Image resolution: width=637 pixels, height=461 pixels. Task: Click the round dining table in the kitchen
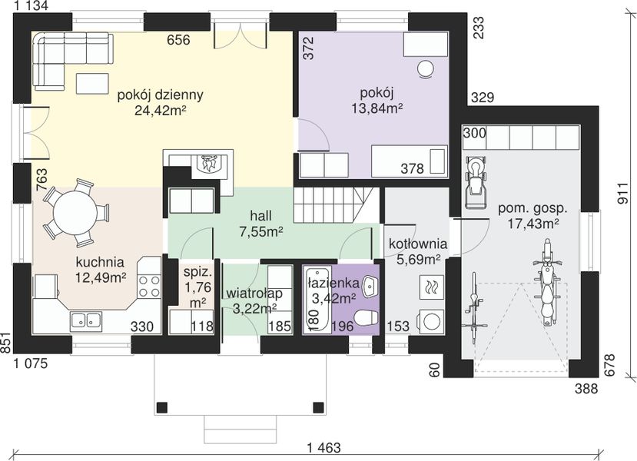[x=75, y=212]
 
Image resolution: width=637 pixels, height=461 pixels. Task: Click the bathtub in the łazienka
[x=317, y=299]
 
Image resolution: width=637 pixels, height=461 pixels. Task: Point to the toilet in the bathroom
[x=367, y=317]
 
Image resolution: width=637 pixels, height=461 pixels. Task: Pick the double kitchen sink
[x=86, y=320]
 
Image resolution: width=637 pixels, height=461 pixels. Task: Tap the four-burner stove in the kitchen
[x=149, y=286]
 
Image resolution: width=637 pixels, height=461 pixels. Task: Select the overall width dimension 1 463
[x=323, y=448]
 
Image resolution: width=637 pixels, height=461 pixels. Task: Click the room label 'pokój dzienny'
[x=160, y=95]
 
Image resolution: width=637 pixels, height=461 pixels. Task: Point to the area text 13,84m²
[x=377, y=108]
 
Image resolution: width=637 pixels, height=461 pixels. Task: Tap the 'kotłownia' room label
[x=418, y=244]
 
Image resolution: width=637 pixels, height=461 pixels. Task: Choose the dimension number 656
[x=178, y=40]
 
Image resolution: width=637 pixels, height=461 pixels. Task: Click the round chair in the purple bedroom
[x=426, y=68]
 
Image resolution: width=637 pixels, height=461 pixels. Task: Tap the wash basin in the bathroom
[x=370, y=286]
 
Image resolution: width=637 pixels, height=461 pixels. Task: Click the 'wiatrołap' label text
[x=254, y=293]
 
